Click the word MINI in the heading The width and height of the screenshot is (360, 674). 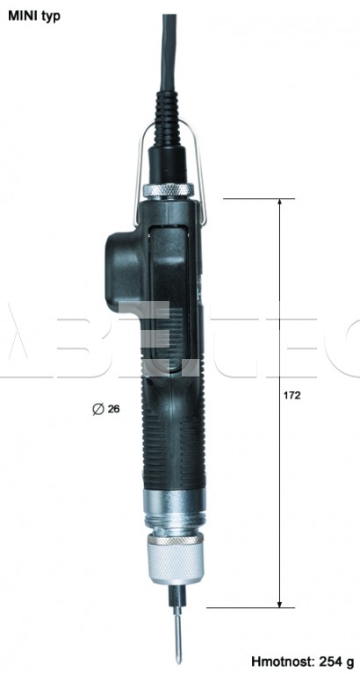(22, 16)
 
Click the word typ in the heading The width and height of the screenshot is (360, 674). (51, 18)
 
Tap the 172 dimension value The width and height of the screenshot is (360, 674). (292, 396)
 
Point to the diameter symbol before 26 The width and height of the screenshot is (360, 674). (98, 409)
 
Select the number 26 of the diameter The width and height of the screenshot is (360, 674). (113, 409)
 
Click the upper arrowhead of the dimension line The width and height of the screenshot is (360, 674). (279, 203)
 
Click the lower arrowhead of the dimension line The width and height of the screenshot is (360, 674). (279, 604)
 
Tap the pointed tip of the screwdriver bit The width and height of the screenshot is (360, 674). (179, 663)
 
